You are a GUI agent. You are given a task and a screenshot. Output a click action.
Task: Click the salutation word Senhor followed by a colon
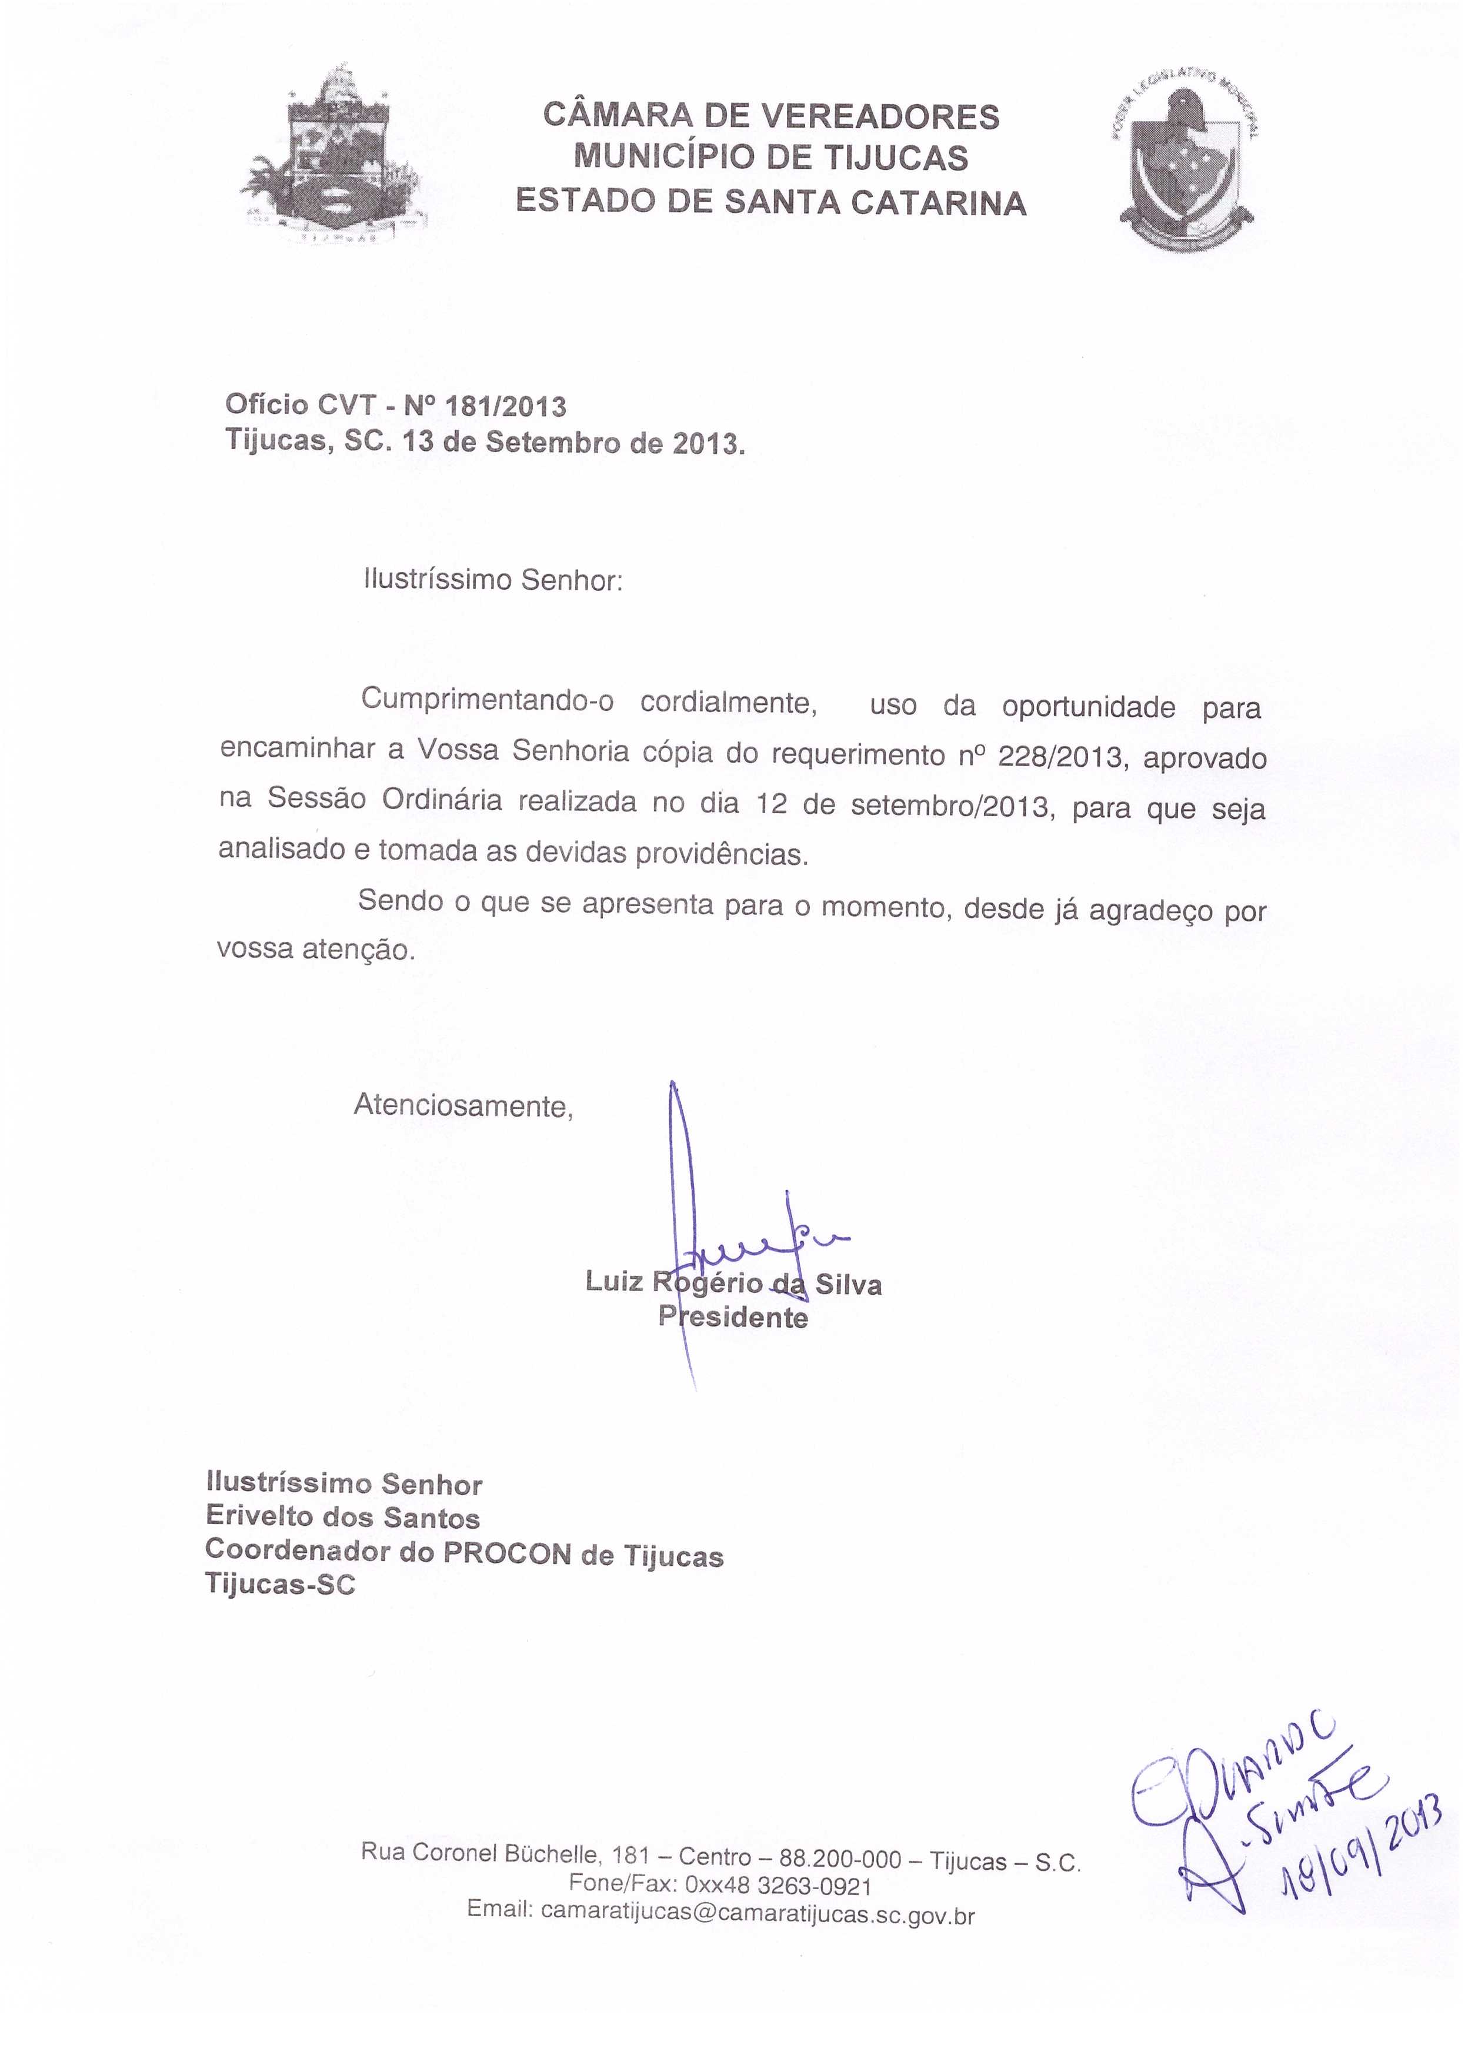pyautogui.click(x=572, y=579)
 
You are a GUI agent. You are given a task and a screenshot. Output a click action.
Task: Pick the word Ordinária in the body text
pyautogui.click(x=442, y=801)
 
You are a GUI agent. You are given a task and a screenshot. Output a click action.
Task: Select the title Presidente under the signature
pyautogui.click(x=733, y=1318)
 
